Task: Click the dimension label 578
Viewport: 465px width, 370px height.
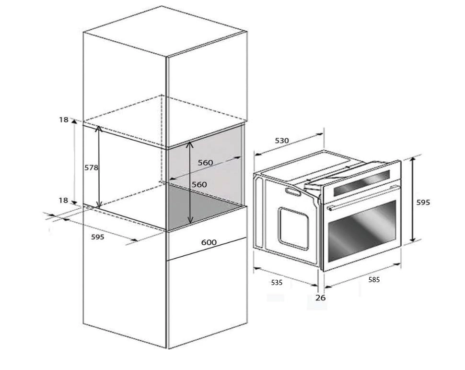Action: tap(91, 167)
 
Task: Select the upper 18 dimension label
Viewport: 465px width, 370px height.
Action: tap(64, 120)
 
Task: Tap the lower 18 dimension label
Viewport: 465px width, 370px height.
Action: tap(64, 201)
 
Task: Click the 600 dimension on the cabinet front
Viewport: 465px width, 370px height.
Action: tap(209, 243)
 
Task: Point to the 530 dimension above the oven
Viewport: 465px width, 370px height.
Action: tap(282, 141)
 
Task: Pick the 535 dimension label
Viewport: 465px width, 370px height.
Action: tap(277, 283)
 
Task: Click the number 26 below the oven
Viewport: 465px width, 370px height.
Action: tap(321, 298)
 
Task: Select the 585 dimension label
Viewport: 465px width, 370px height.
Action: tap(374, 279)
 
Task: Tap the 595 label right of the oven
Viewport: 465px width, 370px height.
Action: tap(423, 203)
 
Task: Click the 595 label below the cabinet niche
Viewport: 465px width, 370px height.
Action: tap(97, 237)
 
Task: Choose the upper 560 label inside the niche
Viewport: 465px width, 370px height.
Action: tap(205, 163)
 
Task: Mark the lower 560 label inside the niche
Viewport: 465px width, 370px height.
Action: tap(199, 184)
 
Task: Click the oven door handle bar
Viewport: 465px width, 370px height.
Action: tap(363, 198)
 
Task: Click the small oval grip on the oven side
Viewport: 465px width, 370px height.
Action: tap(291, 192)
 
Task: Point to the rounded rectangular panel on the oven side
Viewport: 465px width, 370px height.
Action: tap(293, 228)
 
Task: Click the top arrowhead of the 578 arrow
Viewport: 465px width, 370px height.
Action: tap(99, 128)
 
